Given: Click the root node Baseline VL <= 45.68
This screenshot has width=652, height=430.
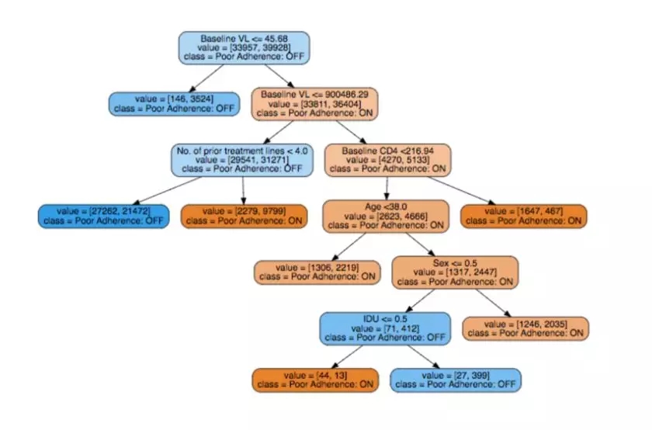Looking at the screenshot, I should coord(244,48).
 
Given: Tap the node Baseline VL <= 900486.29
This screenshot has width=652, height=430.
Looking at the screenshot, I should coord(314,103).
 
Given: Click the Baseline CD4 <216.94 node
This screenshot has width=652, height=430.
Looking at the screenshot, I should coord(387,158).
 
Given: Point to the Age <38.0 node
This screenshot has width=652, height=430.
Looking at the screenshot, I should coord(386,216).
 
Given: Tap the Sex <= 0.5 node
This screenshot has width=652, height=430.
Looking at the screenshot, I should coord(454,272).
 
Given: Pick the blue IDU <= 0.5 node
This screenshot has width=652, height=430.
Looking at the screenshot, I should coord(385,328).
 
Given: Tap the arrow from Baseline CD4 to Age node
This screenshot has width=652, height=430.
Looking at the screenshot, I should coord(386,188).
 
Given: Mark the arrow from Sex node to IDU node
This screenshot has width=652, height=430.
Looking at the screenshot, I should coord(420,300).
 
